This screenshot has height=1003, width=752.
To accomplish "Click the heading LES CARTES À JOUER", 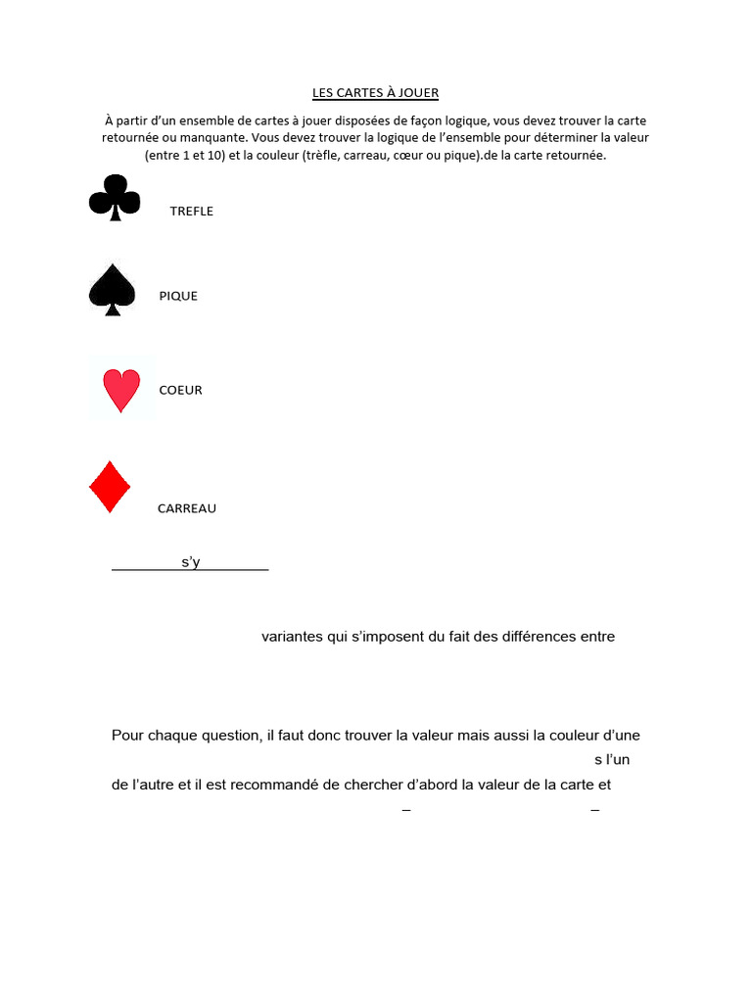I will click(x=375, y=93).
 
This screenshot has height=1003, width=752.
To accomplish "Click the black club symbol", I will click(x=115, y=197).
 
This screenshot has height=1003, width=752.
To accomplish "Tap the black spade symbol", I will click(x=112, y=290).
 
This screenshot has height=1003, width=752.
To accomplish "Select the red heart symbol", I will click(x=121, y=390).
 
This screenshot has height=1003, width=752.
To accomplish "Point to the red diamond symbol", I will click(x=110, y=487).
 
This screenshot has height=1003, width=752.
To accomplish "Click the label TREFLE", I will click(x=191, y=212).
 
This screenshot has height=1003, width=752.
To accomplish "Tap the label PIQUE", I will click(x=178, y=296).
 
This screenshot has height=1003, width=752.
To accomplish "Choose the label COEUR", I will click(x=180, y=390).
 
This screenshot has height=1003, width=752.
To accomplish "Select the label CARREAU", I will click(x=187, y=508).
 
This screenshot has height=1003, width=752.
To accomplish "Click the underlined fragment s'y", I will click(x=190, y=562).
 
